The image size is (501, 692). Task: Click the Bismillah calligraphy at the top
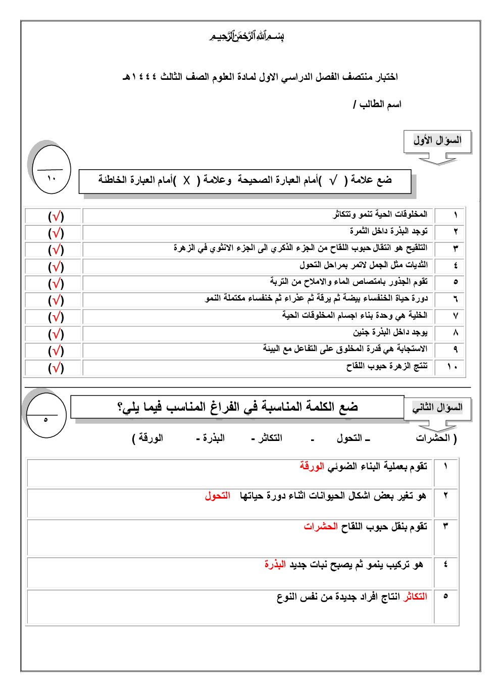coord(247,36)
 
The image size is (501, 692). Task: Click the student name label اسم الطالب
coord(380,104)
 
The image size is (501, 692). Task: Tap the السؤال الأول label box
coord(437,141)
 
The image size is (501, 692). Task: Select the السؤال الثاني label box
coord(437,408)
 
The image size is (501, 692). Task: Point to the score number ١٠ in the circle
coord(52,178)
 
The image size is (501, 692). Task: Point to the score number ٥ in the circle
coord(46,420)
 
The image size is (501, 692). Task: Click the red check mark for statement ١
coord(57,216)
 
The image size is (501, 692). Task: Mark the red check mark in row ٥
coord(57,283)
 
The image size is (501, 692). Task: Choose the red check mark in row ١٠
coord(57,368)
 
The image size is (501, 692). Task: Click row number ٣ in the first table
coord(455,248)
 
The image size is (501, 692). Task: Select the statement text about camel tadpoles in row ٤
coord(363,265)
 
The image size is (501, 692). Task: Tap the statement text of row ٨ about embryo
coord(390,332)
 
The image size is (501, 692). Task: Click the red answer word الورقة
coord(312,466)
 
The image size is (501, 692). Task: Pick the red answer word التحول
coord(218,496)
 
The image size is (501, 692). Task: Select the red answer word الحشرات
coord(321,526)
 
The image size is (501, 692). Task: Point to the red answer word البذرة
coord(275,564)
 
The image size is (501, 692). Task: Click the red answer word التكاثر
coord(415,597)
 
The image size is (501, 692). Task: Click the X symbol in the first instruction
coord(186,180)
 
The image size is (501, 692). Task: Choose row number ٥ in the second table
coord(445,596)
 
